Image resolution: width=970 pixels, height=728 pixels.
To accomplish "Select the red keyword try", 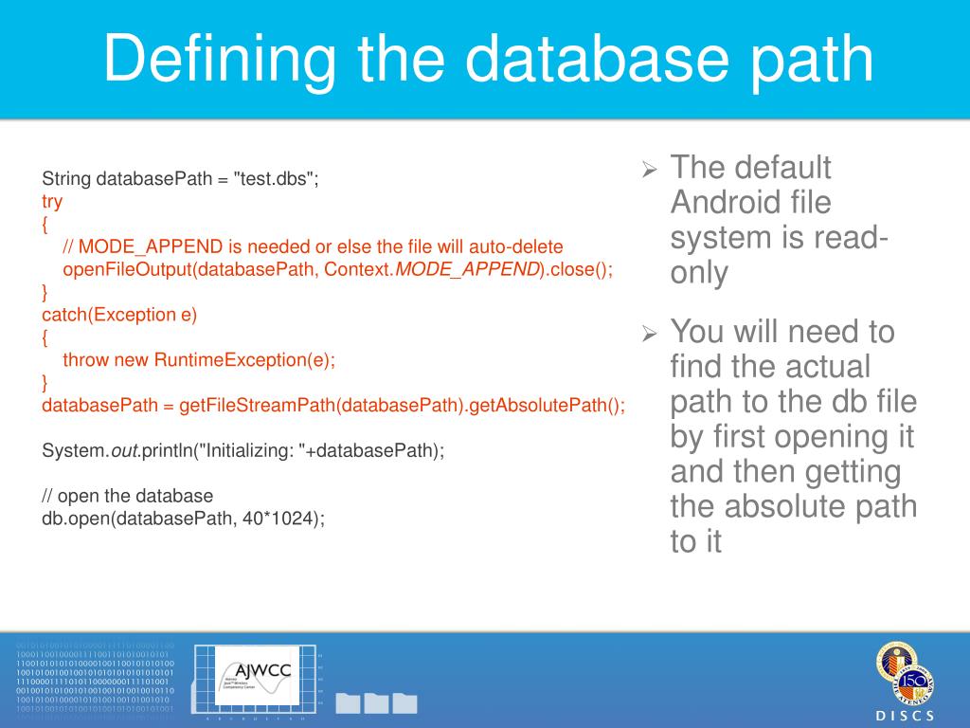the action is [x=52, y=201].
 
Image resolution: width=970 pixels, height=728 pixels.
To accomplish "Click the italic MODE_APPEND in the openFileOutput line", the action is [x=467, y=269].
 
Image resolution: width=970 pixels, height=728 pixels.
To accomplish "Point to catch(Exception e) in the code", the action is [x=119, y=315].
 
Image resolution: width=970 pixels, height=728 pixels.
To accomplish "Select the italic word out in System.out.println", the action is [x=125, y=451].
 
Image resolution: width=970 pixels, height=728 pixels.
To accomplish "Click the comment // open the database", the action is [x=128, y=496].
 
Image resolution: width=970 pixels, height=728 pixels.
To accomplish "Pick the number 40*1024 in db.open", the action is [x=281, y=519].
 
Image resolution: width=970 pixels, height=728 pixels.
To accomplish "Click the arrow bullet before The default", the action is [x=650, y=171].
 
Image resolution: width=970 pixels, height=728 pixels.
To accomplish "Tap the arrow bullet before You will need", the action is [x=650, y=334].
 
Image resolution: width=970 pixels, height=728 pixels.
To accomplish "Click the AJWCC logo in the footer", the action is [x=253, y=675].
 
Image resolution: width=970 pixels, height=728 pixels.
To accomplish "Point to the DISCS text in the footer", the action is [x=904, y=715].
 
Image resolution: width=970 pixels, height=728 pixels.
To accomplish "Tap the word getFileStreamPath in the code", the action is [x=257, y=406].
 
